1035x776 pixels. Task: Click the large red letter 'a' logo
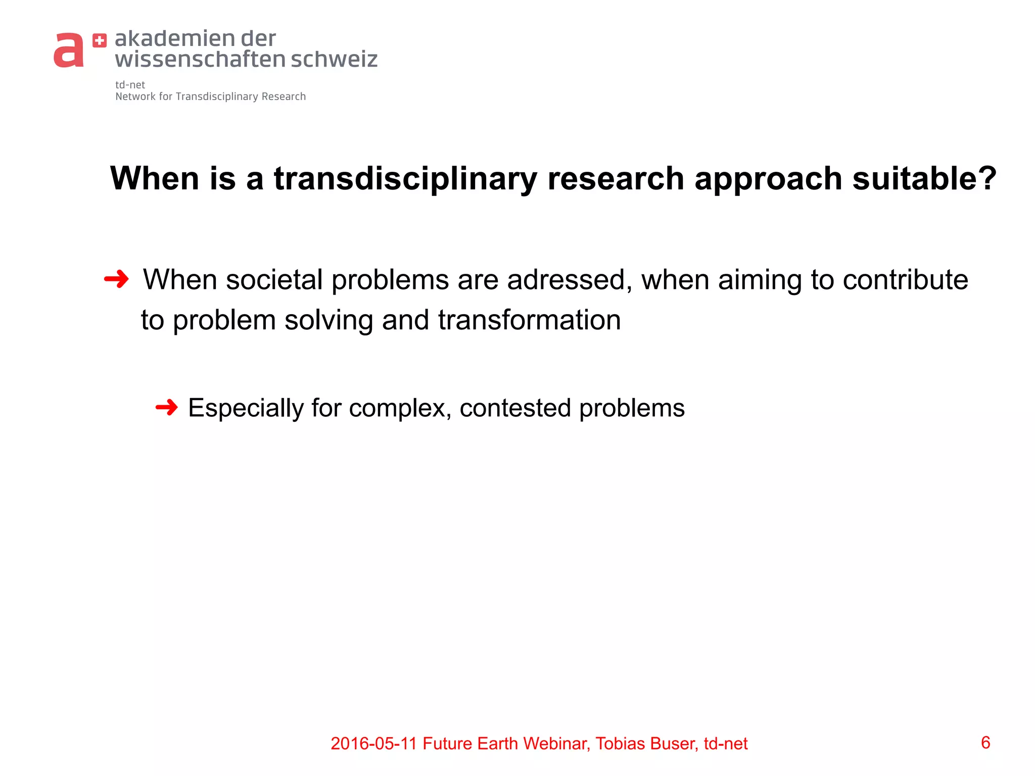(x=69, y=51)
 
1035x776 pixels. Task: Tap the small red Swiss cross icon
(x=100, y=41)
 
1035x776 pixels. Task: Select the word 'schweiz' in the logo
(x=334, y=59)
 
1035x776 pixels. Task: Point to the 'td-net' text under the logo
(x=130, y=85)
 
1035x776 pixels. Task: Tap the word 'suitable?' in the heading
(x=924, y=179)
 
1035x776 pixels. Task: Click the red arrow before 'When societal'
(x=116, y=279)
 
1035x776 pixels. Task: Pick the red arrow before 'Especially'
(x=167, y=407)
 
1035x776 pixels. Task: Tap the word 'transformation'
(x=529, y=320)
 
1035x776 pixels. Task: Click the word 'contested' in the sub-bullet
(x=515, y=408)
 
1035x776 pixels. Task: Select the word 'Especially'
(x=246, y=408)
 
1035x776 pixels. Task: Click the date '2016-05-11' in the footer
(x=374, y=744)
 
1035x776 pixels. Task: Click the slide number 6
(x=985, y=743)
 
